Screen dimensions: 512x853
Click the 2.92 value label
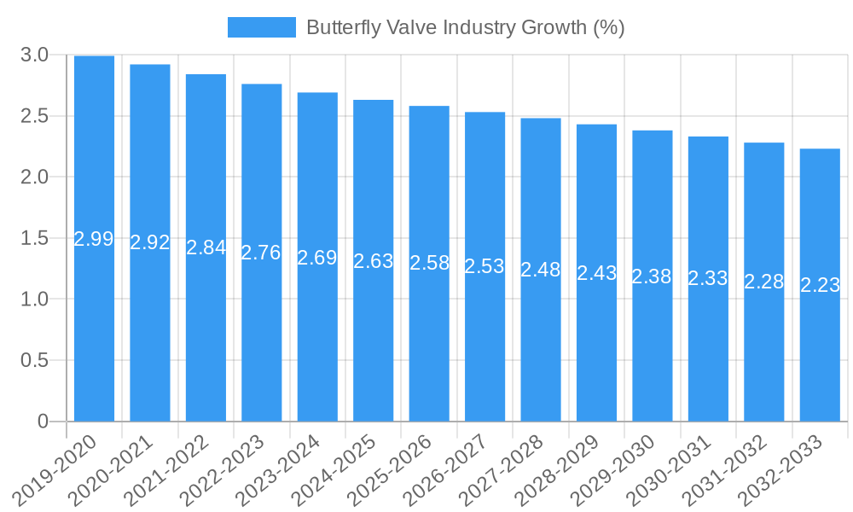click(x=150, y=242)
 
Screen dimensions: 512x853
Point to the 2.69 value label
click(x=317, y=258)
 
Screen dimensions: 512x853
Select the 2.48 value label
click(x=541, y=270)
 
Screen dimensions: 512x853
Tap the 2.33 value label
click(x=708, y=278)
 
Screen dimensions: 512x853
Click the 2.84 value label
click(x=206, y=247)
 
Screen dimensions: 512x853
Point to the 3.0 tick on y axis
click(x=34, y=55)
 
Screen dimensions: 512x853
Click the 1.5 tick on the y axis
click(x=34, y=238)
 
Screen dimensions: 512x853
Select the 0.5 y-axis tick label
click(x=34, y=360)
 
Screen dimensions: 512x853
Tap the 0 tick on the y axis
click(x=44, y=422)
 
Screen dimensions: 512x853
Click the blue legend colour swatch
click(x=261, y=27)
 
